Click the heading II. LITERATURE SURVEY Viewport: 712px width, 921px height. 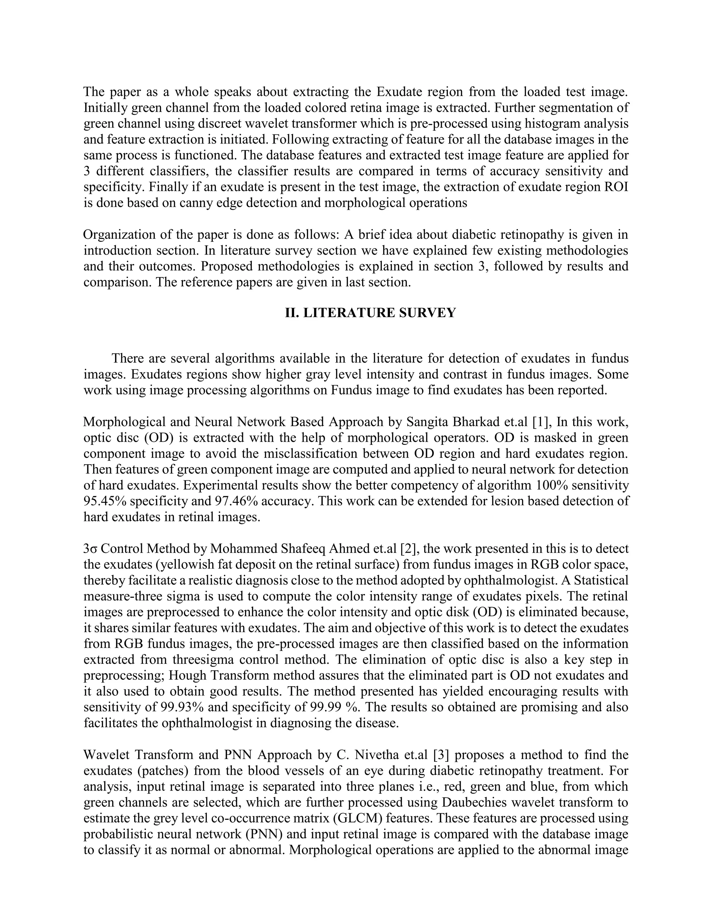click(x=370, y=313)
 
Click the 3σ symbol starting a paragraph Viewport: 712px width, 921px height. click(x=90, y=549)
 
